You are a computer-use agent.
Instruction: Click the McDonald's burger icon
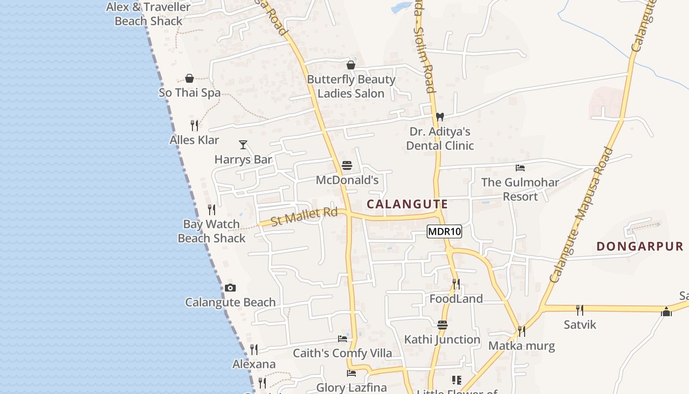coord(347,165)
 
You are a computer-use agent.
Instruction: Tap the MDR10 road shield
coord(444,231)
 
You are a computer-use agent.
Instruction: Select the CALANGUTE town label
coord(407,204)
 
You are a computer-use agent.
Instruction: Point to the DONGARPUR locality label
coord(640,246)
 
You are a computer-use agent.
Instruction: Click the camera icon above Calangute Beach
coord(230,288)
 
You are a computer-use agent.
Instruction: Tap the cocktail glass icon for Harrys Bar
coord(243,144)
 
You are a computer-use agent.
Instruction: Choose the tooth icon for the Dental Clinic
coord(440,117)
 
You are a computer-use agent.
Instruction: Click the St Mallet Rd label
coord(304,217)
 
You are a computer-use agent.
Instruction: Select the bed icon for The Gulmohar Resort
coord(520,167)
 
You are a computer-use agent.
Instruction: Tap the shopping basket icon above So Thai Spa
coord(189,78)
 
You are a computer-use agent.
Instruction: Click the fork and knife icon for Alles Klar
coord(194,126)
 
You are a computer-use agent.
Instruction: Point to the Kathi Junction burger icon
coord(442,325)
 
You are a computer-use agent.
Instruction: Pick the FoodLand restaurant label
coord(456,298)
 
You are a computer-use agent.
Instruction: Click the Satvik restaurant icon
coord(580,310)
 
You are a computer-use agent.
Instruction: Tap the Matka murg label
coord(522,346)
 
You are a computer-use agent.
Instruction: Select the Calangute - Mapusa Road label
coord(582,215)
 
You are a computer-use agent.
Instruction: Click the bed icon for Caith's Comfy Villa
coord(343,338)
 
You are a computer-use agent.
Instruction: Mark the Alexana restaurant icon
coord(254,350)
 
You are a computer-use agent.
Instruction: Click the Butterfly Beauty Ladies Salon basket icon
coord(351,65)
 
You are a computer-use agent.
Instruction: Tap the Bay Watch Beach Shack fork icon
coord(212,210)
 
